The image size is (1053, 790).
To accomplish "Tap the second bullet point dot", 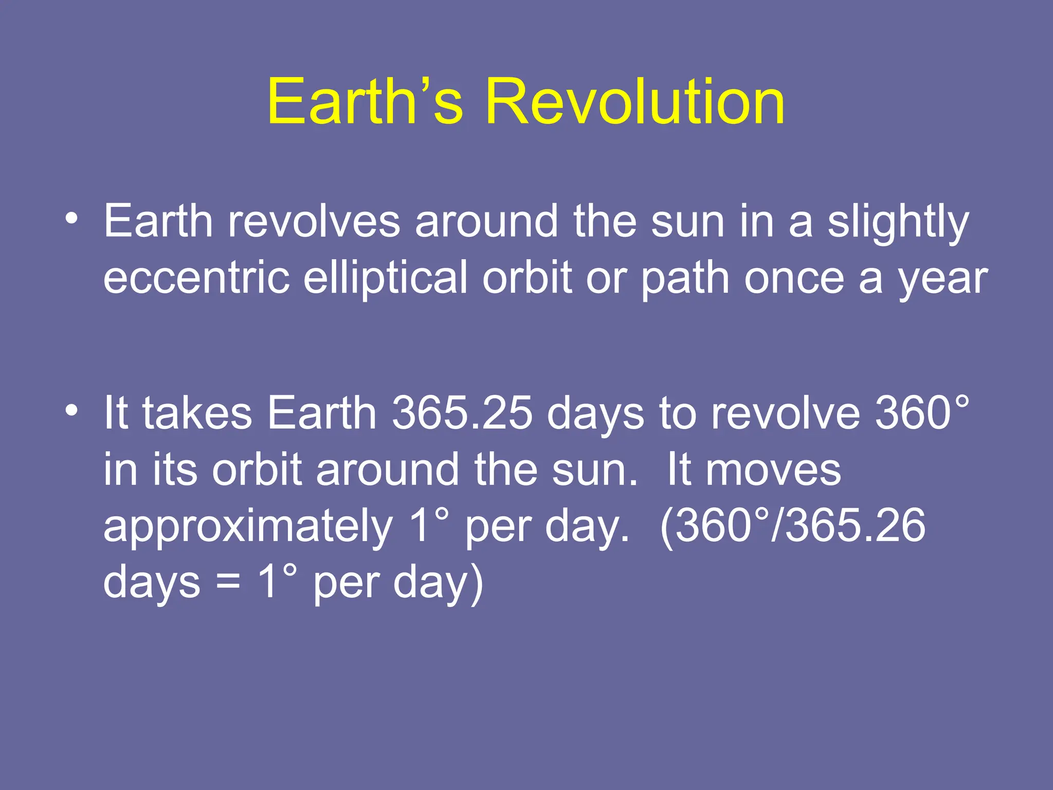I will coord(71,410).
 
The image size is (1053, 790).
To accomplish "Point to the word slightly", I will coord(898,222).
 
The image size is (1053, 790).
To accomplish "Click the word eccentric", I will coord(196,278).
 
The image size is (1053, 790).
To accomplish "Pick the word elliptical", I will coord(385,278).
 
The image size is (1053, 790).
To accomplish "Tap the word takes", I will coord(197,413).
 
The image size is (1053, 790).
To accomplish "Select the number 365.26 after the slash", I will coord(856,526).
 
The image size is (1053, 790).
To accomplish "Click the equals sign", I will coord(228,583).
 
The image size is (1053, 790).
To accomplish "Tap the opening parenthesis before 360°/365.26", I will coord(666,527).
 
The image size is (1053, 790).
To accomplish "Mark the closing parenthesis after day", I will coord(477,583).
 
